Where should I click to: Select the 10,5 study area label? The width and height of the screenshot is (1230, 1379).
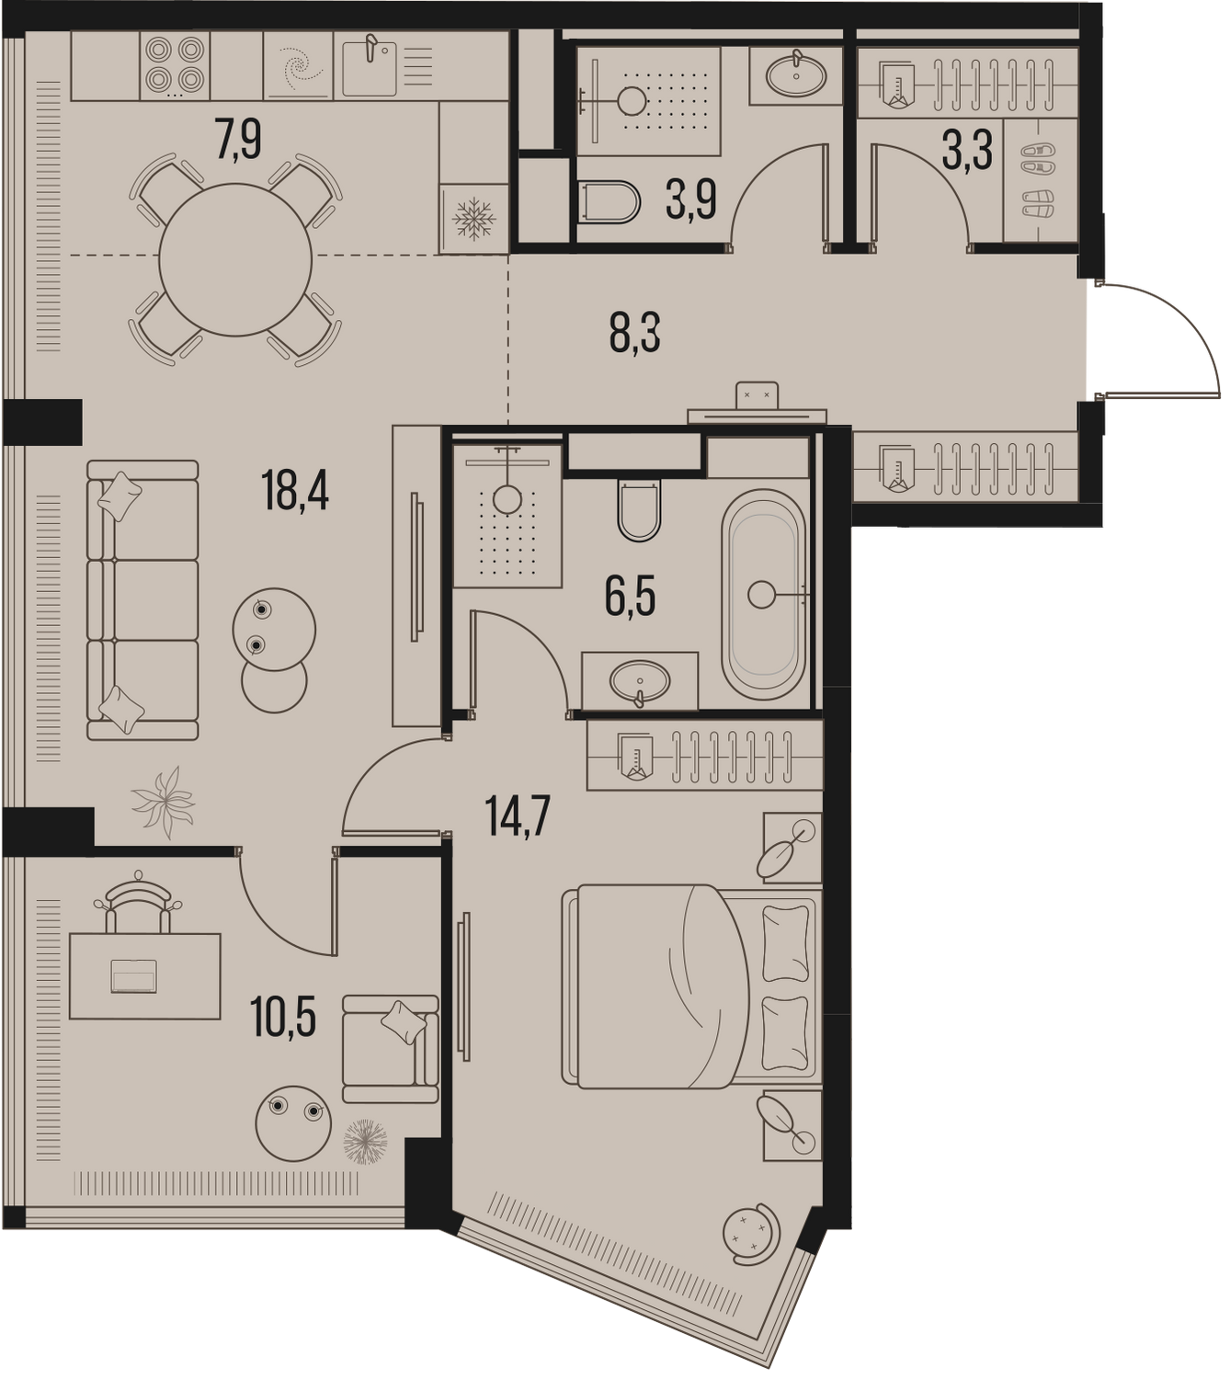pyautogui.click(x=285, y=1016)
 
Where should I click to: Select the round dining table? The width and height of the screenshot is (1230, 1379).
pyautogui.click(x=235, y=260)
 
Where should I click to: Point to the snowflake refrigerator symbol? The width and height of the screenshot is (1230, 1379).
pyautogui.click(x=474, y=220)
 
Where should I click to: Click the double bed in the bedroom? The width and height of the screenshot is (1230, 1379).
pyautogui.click(x=689, y=986)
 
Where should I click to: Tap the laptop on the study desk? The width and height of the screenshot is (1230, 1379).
pyautogui.click(x=134, y=976)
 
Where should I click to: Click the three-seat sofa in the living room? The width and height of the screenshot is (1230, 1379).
pyautogui.click(x=142, y=599)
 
